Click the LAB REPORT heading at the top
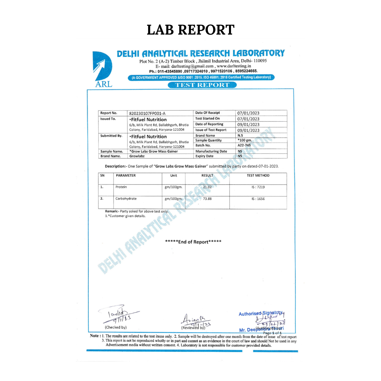coord(190,30)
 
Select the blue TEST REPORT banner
coord(202,85)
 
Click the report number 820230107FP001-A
coord(147,113)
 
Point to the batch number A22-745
coord(244,145)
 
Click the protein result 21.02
coord(207,187)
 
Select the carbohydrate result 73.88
coord(207,199)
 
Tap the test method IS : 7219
coord(258,187)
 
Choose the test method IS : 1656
coord(258,199)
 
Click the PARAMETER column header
coord(126,175)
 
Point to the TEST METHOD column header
coord(258,175)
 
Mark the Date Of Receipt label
coord(207,113)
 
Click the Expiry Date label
coord(204,156)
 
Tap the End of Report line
coord(193,242)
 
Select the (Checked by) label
coord(116,327)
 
